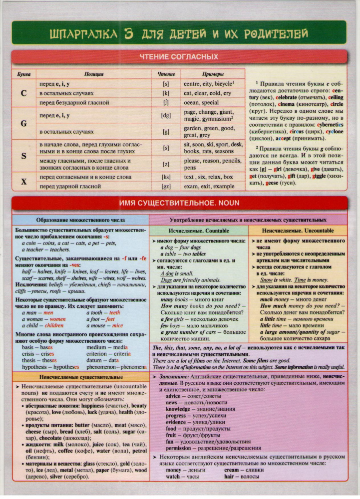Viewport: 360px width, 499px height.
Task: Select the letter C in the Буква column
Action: pos(23,93)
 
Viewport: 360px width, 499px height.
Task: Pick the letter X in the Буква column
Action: pos(23,182)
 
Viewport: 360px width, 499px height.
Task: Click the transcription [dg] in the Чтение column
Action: pos(166,116)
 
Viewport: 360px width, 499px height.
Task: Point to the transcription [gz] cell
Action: pos(166,186)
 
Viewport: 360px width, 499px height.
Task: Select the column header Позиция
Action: pos(94,74)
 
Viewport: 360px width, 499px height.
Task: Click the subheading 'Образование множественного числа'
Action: pos(80,220)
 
